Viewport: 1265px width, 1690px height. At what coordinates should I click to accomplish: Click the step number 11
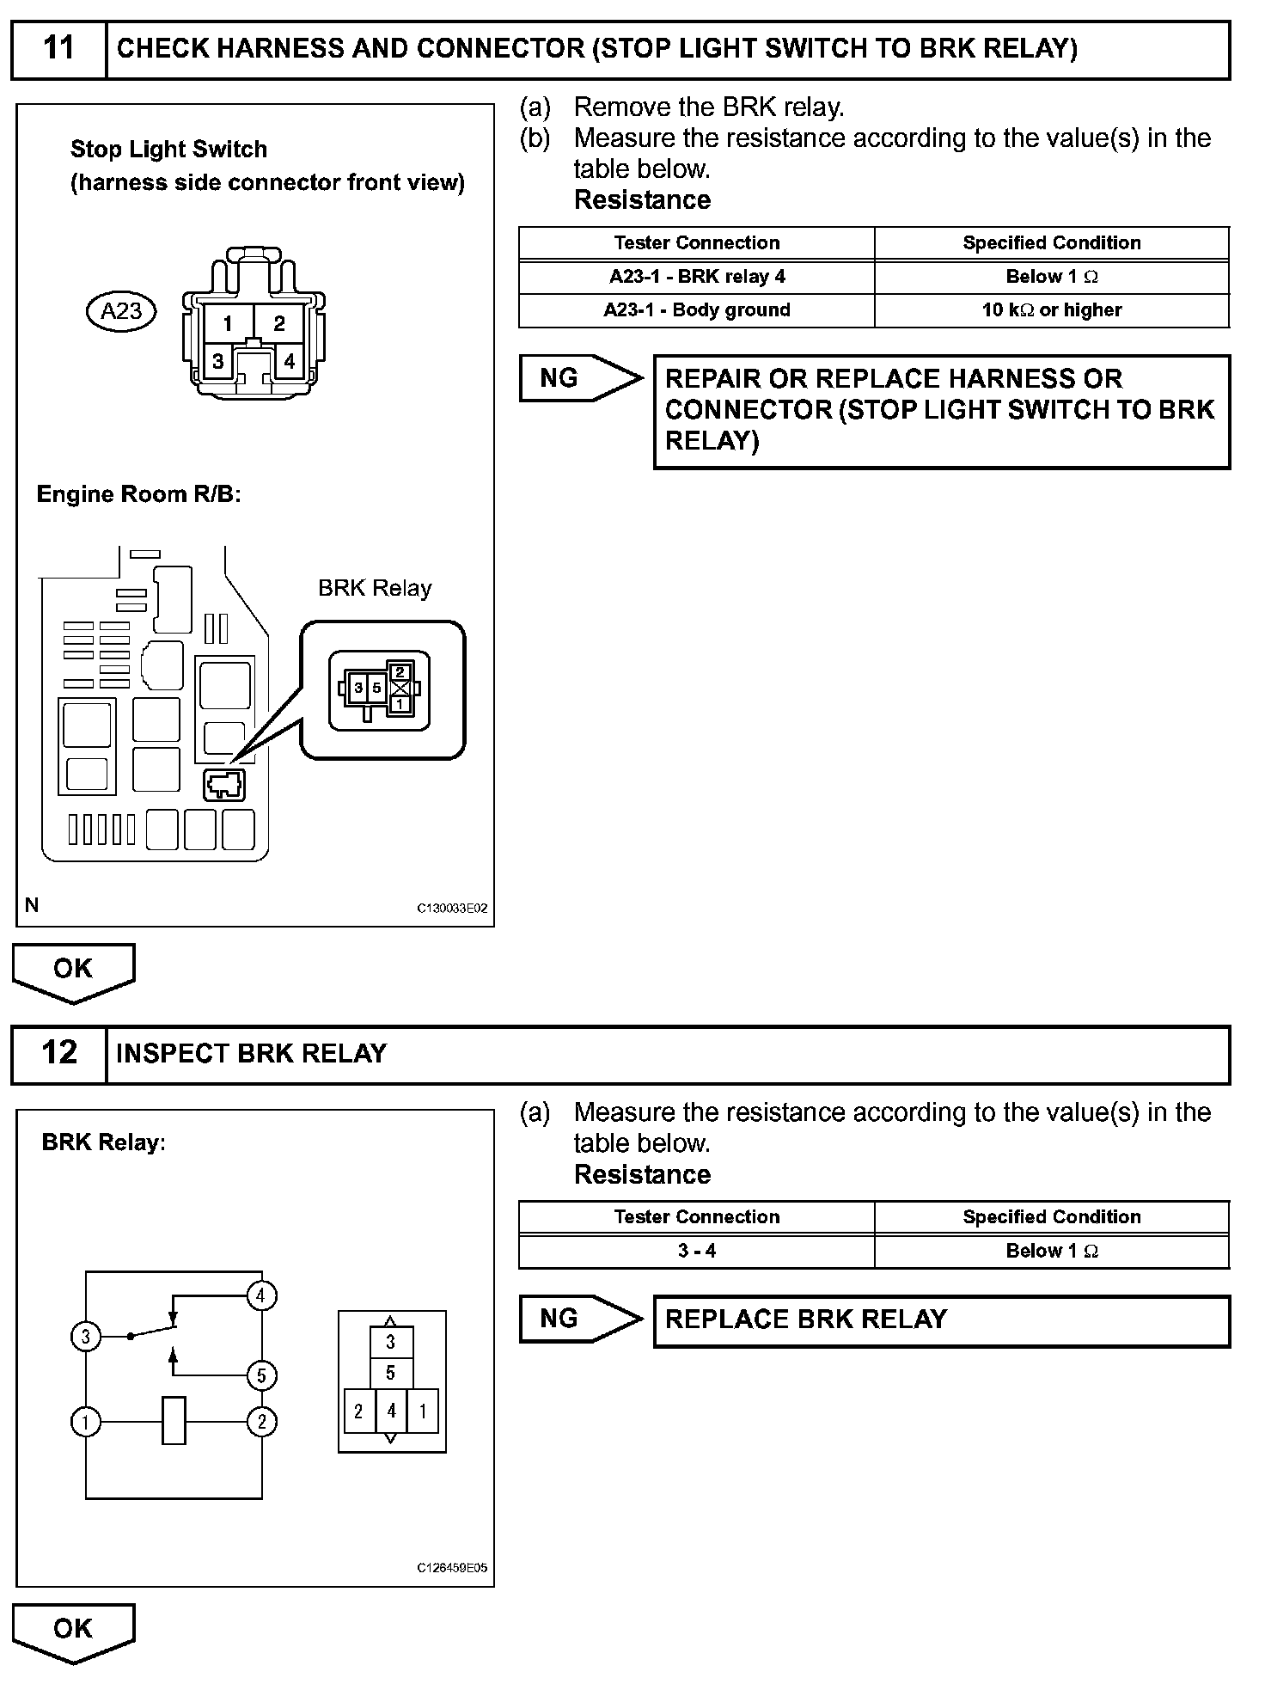point(58,48)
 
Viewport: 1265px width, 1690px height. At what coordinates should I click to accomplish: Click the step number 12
point(58,1053)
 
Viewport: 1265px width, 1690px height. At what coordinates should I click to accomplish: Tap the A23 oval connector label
point(121,310)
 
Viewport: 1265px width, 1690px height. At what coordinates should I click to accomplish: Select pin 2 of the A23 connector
point(279,324)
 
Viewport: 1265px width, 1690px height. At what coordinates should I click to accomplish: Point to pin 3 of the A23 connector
point(218,362)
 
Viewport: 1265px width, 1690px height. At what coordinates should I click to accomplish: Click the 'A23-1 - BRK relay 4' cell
point(696,277)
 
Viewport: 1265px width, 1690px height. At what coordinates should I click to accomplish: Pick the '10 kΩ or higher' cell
point(1051,310)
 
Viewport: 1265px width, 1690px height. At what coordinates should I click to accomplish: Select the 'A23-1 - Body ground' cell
point(696,310)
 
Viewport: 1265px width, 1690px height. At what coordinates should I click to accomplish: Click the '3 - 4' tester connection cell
point(696,1251)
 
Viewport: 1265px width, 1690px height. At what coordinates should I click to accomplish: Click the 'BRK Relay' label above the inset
point(375,589)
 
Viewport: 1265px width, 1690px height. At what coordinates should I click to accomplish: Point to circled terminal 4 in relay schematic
point(261,1295)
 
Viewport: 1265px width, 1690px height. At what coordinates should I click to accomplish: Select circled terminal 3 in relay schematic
point(85,1337)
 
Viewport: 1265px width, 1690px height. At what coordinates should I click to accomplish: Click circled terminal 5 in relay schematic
point(261,1375)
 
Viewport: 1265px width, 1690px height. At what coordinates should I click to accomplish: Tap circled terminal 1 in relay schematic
point(85,1422)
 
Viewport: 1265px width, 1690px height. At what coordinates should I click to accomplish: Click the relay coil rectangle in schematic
point(174,1421)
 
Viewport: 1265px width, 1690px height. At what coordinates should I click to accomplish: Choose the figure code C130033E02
point(452,909)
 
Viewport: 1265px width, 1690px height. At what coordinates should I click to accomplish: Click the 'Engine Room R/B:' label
point(138,494)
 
